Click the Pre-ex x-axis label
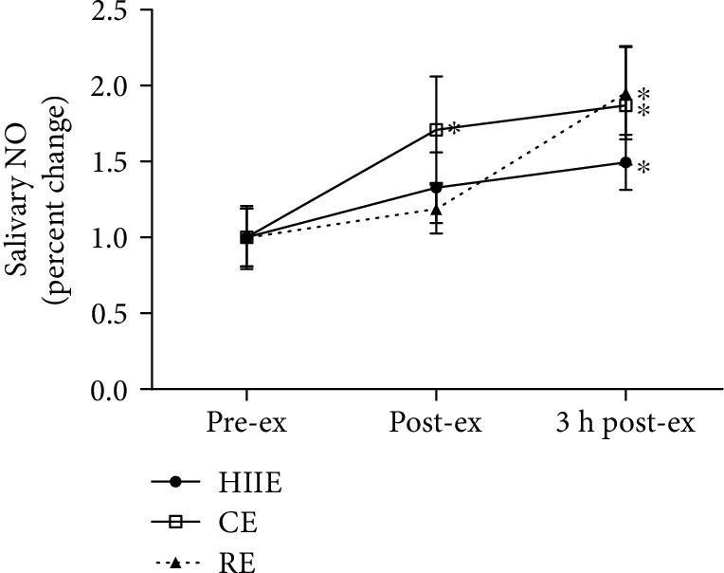[x=246, y=423]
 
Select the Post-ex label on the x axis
[x=436, y=423]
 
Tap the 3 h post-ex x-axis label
[x=624, y=423]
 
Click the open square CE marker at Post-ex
[x=436, y=129]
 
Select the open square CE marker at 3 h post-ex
[x=625, y=105]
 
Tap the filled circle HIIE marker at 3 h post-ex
[x=625, y=162]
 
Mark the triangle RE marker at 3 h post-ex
[x=625, y=95]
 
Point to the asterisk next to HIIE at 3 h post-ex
[x=643, y=169]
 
